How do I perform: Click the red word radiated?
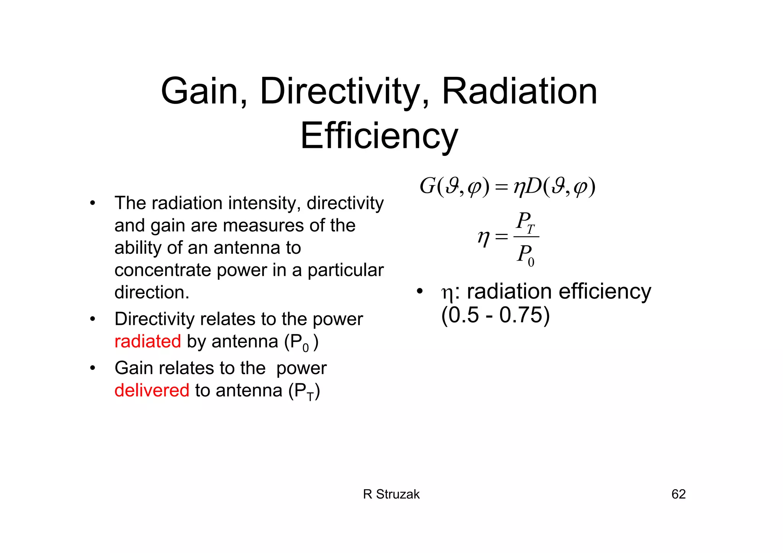pyautogui.click(x=148, y=341)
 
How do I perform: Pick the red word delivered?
pyautogui.click(x=152, y=390)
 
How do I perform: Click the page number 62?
pyautogui.click(x=678, y=494)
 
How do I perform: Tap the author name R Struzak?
pyautogui.click(x=391, y=494)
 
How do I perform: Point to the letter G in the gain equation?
pyautogui.click(x=427, y=186)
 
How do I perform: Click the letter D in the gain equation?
pyautogui.click(x=533, y=186)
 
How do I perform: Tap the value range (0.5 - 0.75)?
pyautogui.click(x=495, y=315)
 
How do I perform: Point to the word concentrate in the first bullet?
pyautogui.click(x=162, y=270)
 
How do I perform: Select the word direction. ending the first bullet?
pyautogui.click(x=152, y=292)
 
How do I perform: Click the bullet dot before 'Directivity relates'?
pyautogui.click(x=93, y=319)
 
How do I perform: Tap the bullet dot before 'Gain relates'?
pyautogui.click(x=93, y=368)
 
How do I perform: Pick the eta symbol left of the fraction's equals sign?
pyautogui.click(x=483, y=238)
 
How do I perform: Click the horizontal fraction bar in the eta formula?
pyautogui.click(x=526, y=237)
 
